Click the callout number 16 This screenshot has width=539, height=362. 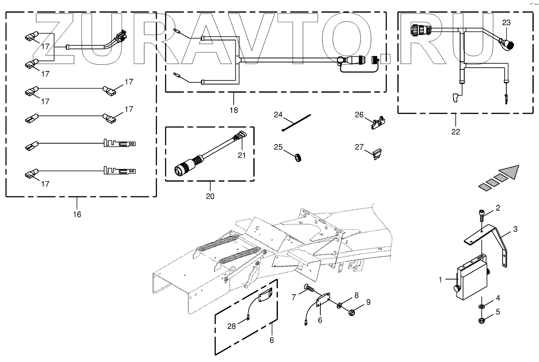[77, 214]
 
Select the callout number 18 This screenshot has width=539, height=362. [233, 110]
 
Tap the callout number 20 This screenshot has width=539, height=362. [210, 196]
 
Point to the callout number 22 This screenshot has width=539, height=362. [456, 131]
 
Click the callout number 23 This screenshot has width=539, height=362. [506, 23]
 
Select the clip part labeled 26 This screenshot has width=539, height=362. [378, 123]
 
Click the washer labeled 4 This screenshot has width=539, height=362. [481, 306]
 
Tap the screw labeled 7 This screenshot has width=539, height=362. [309, 291]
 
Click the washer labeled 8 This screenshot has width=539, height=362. [340, 305]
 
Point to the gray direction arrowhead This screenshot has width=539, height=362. [510, 171]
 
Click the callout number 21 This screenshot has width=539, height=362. [242, 155]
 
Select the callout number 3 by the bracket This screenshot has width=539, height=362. [515, 229]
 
